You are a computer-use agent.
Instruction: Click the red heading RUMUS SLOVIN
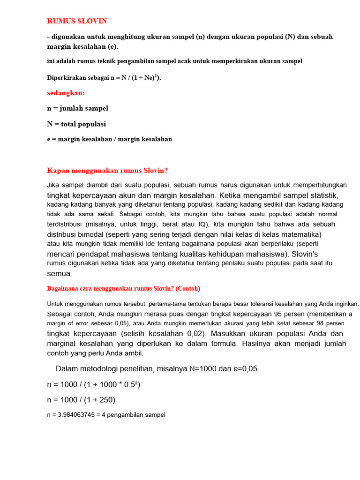[x=77, y=21]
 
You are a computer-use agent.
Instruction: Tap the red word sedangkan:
[x=66, y=93]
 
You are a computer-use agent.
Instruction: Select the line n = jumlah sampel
[x=77, y=108]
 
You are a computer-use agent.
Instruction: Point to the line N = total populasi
[x=76, y=124]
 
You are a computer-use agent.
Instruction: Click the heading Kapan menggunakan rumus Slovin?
[x=107, y=170]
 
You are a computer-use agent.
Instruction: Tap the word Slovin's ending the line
[x=305, y=254]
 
